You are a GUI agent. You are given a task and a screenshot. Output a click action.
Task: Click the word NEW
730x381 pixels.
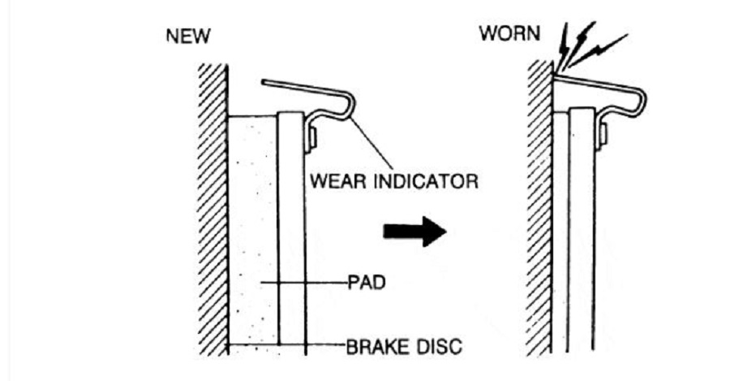click(x=188, y=36)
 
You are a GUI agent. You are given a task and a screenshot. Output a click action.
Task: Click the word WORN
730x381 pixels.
click(x=510, y=33)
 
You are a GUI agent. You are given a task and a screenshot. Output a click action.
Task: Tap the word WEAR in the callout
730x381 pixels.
click(x=338, y=181)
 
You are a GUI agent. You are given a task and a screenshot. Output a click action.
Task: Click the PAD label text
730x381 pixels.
click(x=367, y=283)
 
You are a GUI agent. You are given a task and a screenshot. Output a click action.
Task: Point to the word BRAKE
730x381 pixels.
click(x=376, y=347)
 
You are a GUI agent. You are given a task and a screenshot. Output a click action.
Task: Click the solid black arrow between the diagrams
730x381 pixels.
click(x=414, y=232)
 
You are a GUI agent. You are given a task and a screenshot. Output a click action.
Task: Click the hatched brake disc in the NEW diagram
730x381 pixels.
click(x=213, y=210)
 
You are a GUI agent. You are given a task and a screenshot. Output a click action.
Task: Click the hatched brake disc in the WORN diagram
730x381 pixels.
click(x=540, y=210)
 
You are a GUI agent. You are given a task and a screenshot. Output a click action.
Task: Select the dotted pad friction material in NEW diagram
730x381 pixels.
click(x=253, y=233)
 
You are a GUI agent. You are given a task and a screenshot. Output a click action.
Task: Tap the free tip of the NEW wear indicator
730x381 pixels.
click(x=263, y=83)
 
